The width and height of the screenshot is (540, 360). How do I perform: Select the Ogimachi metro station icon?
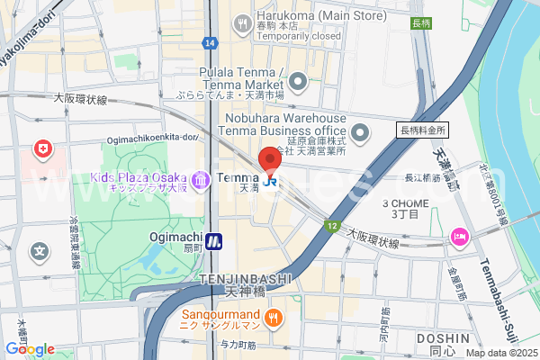click(x=213, y=240)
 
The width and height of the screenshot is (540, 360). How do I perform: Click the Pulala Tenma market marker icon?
click(x=299, y=84)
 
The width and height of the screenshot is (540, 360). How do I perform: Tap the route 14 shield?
click(x=210, y=43)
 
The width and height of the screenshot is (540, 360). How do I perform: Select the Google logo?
click(x=30, y=349)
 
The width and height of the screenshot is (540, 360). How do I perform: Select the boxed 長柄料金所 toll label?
click(x=422, y=130)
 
